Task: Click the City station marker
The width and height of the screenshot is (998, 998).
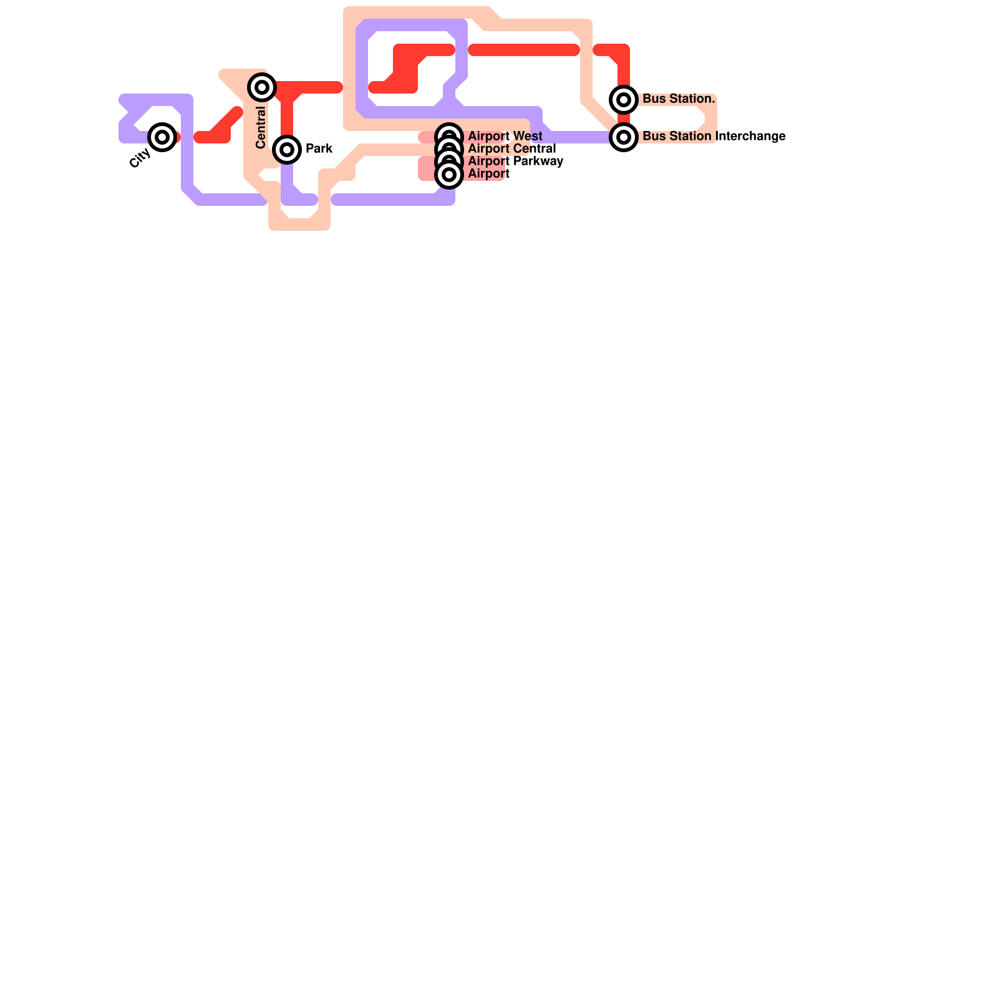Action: point(162,137)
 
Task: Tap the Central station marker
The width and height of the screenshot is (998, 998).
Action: point(262,87)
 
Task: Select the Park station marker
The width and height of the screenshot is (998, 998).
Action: point(287,149)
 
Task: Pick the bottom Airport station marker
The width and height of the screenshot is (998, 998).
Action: point(449,175)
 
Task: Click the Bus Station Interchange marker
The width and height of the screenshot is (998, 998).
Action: point(624,137)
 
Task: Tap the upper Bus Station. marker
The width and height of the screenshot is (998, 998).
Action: point(624,100)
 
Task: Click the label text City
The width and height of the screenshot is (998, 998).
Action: point(140,158)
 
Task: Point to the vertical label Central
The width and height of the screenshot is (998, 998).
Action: point(261,128)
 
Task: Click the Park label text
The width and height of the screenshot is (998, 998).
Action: point(319,149)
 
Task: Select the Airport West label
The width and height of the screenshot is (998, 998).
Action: point(505,136)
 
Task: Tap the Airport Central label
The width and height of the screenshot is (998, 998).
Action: point(512,148)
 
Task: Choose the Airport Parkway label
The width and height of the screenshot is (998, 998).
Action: point(516,161)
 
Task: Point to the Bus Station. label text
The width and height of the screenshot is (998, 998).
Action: point(679,99)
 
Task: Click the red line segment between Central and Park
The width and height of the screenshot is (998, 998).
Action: point(287,119)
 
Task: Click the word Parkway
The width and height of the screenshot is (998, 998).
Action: point(538,161)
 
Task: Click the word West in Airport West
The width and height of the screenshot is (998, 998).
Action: point(528,136)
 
